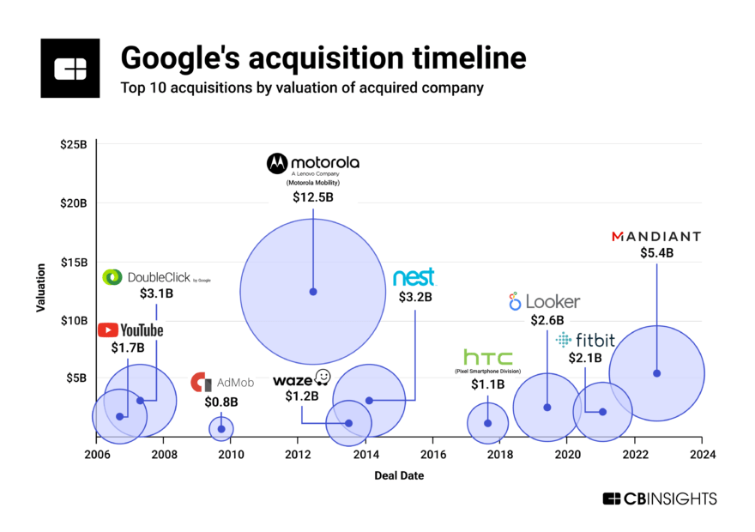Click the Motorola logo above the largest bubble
click(312, 162)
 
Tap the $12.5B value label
click(312, 197)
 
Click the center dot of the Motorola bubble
click(312, 292)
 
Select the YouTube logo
click(130, 330)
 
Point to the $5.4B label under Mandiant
click(656, 253)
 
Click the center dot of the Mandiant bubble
click(656, 373)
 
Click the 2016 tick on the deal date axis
click(433, 455)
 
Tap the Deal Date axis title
click(398, 475)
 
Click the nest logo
click(414, 277)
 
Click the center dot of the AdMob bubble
click(221, 428)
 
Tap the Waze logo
click(302, 379)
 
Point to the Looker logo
click(544, 301)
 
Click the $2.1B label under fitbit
click(586, 358)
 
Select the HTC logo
click(487, 358)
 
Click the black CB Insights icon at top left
click(69, 68)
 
